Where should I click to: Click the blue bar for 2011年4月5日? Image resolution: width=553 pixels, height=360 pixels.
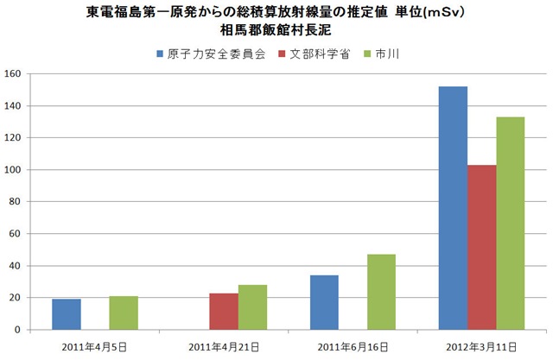pos(67,314)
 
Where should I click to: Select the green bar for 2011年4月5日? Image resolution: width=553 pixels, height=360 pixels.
pos(124,313)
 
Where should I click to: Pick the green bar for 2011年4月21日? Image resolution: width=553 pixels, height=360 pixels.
pos(252,307)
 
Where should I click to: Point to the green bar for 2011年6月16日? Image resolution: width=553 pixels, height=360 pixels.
pos(381,292)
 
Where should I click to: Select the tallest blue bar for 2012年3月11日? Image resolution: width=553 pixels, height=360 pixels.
pos(453,208)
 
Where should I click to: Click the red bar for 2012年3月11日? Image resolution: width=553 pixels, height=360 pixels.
pos(481,247)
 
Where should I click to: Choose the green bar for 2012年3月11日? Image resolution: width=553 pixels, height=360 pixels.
pos(510,223)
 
